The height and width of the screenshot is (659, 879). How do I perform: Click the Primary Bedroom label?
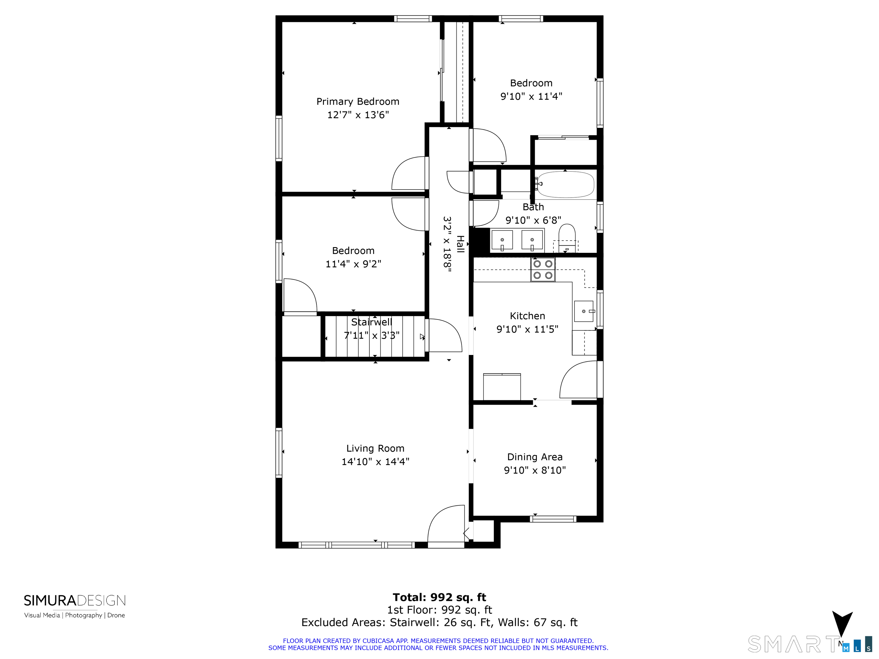pos(358,102)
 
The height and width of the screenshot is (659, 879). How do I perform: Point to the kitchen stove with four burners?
pos(543,270)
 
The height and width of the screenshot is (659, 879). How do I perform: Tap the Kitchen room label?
pos(527,316)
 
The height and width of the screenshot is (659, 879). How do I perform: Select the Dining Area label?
pos(535,457)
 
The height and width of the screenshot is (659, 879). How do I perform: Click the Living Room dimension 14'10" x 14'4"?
pos(375,462)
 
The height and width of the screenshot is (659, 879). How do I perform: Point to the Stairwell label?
pos(372,322)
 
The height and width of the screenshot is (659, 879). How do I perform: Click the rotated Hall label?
pos(460,244)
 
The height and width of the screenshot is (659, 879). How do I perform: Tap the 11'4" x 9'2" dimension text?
pos(353,264)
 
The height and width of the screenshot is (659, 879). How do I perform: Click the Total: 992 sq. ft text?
pos(439,598)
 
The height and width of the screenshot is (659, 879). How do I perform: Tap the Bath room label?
pos(533,207)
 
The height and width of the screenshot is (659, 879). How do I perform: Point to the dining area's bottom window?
pos(553,519)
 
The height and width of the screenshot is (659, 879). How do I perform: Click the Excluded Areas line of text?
pos(439,622)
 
